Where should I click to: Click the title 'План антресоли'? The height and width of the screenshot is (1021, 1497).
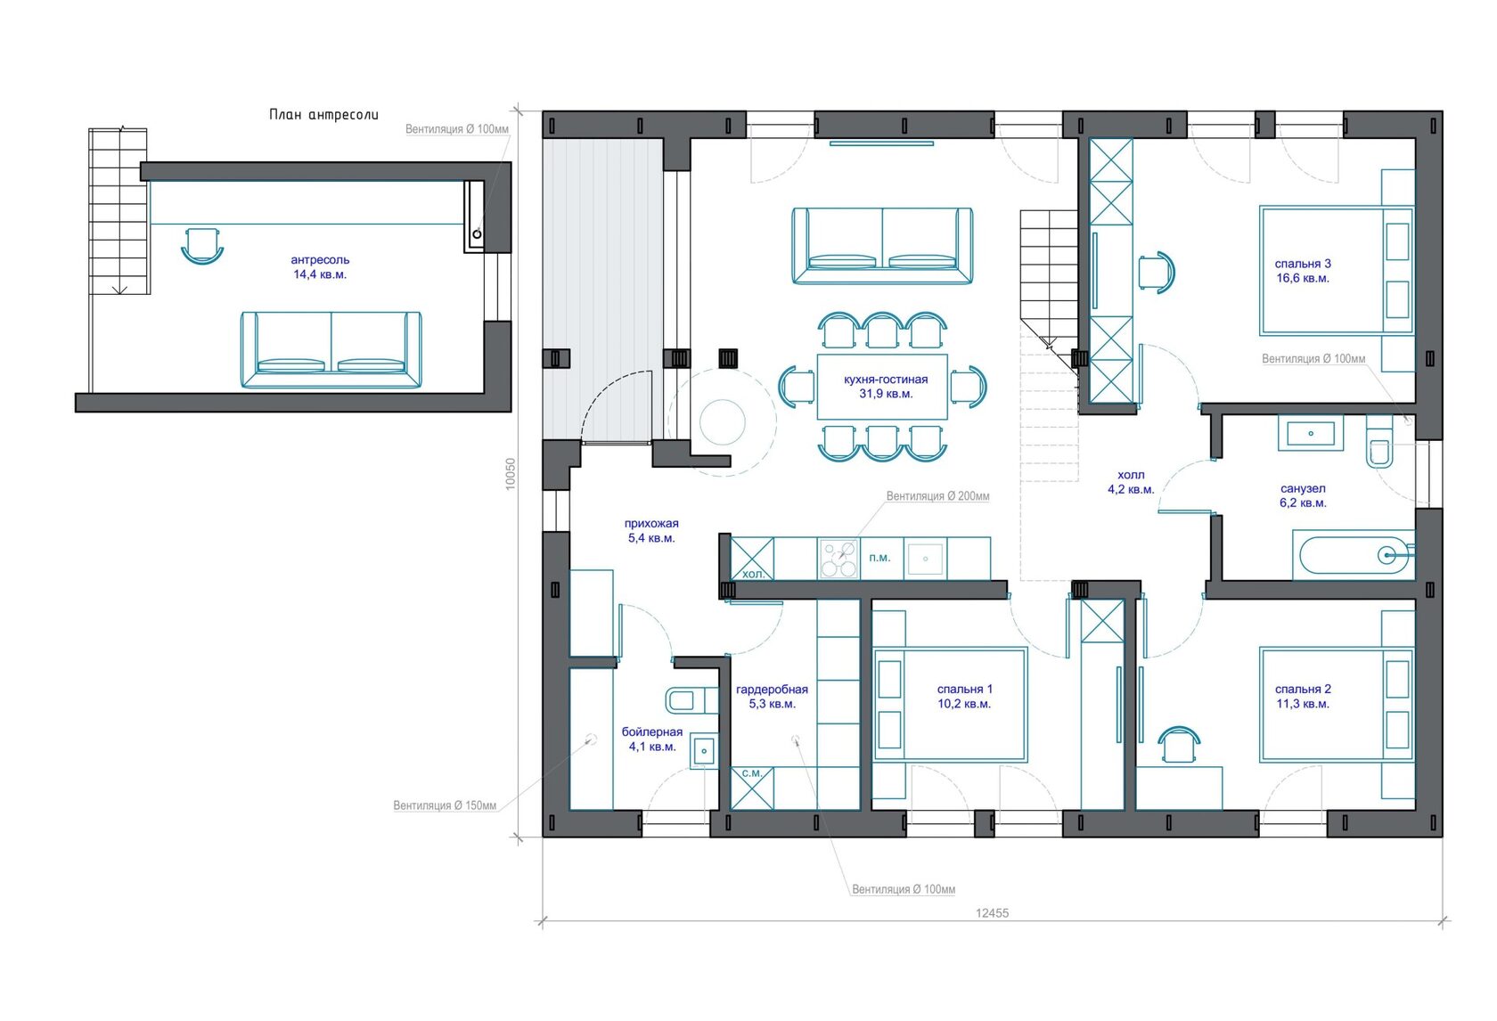[323, 114]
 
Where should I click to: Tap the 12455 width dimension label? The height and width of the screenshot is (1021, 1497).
[992, 912]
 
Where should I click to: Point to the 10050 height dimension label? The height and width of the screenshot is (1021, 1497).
[511, 474]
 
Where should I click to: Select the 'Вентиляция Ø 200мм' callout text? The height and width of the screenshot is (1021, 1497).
[937, 495]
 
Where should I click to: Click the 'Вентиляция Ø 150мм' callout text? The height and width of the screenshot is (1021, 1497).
[445, 805]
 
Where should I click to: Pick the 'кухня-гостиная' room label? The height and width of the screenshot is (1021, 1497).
[886, 380]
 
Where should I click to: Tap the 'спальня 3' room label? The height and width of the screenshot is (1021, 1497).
[1303, 264]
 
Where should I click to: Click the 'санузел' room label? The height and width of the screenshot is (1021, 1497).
[1303, 488]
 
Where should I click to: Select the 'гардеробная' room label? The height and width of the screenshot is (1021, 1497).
[772, 689]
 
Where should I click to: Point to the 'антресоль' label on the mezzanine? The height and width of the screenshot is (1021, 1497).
[319, 259]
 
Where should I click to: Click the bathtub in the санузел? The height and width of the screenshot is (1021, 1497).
[1354, 554]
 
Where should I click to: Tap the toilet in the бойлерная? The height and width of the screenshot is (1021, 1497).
[691, 699]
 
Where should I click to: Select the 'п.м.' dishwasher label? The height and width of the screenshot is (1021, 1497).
[879, 558]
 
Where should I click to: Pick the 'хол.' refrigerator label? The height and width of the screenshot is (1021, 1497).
[753, 574]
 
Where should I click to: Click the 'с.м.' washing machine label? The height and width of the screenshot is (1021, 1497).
[752, 772]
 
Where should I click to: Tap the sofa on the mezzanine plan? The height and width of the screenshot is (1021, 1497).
[331, 349]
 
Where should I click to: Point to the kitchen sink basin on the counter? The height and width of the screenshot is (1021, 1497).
[926, 559]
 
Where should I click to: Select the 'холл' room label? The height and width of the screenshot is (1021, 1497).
[1131, 475]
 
